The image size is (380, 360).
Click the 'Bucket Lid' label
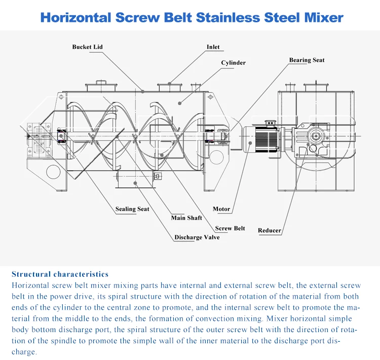(88, 47)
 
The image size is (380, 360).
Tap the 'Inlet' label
(213, 47)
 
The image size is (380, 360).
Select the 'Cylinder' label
(234, 63)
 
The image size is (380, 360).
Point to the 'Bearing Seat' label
(307, 60)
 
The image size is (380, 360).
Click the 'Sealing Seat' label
(132, 209)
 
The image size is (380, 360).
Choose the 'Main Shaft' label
(186, 218)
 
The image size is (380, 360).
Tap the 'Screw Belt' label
(230, 229)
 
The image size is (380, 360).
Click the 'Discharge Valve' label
(197, 237)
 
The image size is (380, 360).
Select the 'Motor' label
(221, 209)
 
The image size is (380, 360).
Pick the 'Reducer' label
(270, 231)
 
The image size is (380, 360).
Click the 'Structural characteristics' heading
(60, 274)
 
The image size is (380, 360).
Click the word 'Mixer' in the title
(324, 17)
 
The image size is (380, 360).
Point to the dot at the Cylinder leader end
(179, 103)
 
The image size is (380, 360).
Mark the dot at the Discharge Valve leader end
(135, 183)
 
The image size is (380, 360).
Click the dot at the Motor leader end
(250, 143)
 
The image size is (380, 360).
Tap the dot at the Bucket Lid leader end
(143, 91)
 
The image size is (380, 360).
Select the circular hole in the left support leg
(53, 172)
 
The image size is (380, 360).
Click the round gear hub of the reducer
(316, 136)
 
